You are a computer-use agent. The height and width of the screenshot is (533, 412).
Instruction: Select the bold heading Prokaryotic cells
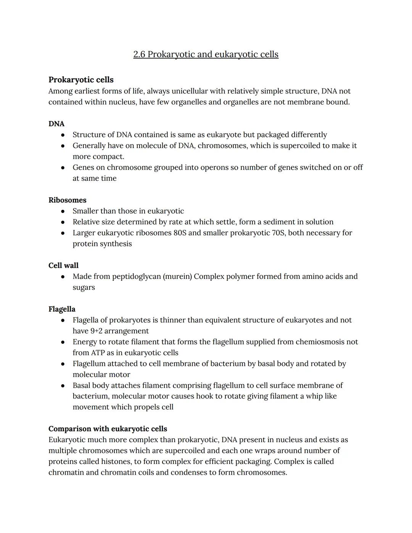[81, 80]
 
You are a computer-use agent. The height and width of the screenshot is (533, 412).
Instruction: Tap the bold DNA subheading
[56, 124]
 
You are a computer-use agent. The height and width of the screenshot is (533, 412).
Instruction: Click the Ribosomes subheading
[68, 200]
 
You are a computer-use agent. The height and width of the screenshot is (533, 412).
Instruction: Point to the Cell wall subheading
[63, 265]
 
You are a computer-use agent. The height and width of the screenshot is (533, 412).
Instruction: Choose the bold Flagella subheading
[62, 309]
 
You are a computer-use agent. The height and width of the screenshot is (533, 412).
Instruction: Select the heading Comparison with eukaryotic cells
[108, 428]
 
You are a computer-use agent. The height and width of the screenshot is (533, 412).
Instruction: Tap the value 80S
[180, 233]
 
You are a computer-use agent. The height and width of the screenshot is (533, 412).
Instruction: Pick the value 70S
[278, 233]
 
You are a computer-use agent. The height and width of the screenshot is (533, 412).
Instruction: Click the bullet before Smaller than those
[63, 211]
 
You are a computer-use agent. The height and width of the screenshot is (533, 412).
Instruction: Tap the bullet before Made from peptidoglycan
[63, 277]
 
